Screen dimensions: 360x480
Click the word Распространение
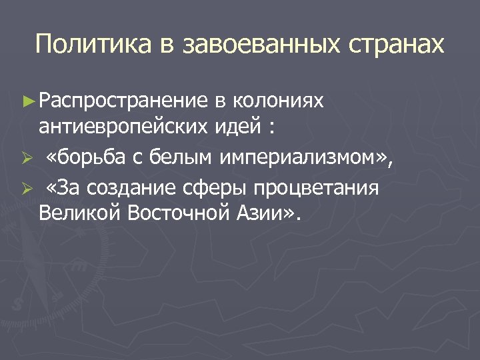click(x=124, y=101)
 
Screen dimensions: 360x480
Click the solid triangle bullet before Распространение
click(x=27, y=101)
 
